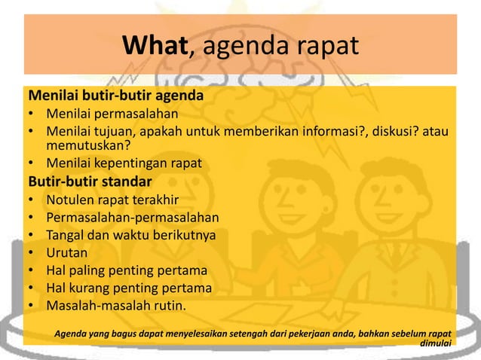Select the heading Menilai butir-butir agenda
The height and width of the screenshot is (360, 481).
[115, 97]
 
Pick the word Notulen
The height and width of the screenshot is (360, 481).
[69, 201]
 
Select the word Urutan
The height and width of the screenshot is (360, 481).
[66, 253]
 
